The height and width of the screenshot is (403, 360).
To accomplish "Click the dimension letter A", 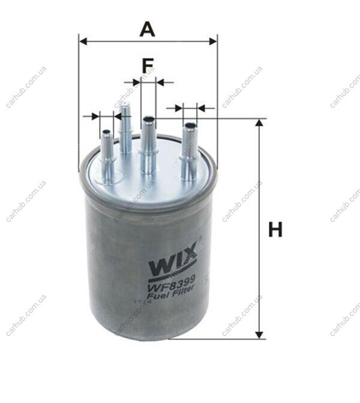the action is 148,29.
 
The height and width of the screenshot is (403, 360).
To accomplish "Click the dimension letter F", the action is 148,66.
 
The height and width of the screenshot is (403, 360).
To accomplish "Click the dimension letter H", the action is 275,229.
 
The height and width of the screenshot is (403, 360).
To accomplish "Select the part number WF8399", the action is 173,283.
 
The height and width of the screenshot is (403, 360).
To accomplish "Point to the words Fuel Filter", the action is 172,292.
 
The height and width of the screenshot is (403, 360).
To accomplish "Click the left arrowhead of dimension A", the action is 83,41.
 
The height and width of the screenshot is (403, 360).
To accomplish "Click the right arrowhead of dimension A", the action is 213,41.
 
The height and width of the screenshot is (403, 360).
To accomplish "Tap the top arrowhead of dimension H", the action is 259,123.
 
